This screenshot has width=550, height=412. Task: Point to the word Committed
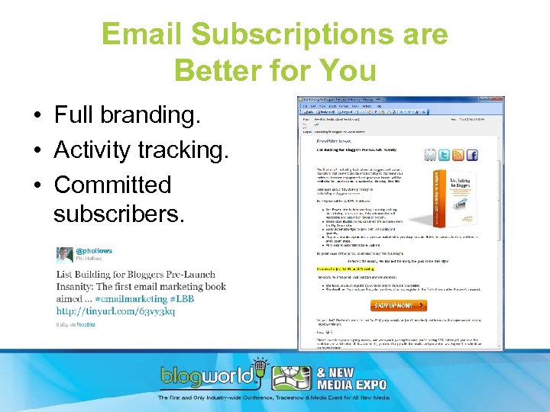point(112,185)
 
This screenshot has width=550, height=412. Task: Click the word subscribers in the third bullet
point(118,214)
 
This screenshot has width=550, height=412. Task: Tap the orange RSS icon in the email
point(458,155)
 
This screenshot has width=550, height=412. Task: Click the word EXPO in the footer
point(366,385)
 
